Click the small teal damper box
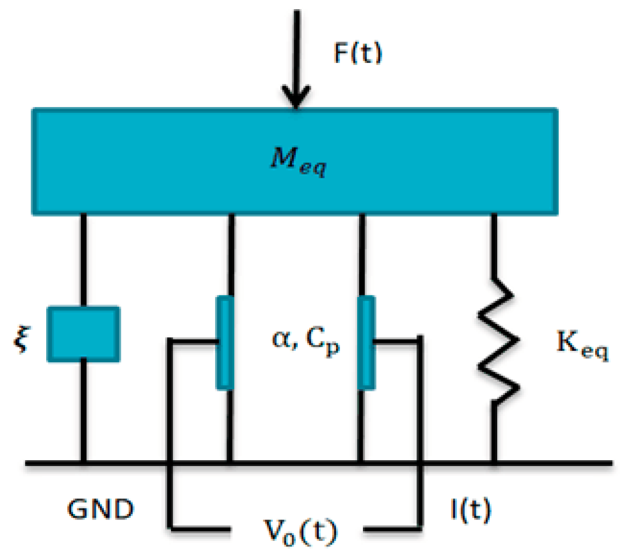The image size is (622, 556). click(83, 333)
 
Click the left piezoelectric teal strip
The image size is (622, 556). click(225, 342)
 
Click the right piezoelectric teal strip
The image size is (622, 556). click(367, 342)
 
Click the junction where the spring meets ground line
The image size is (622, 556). click(493, 462)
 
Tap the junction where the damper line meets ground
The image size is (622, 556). click(83, 462)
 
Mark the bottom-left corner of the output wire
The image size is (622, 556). click(171, 525)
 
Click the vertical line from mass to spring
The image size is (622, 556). click(493, 245)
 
